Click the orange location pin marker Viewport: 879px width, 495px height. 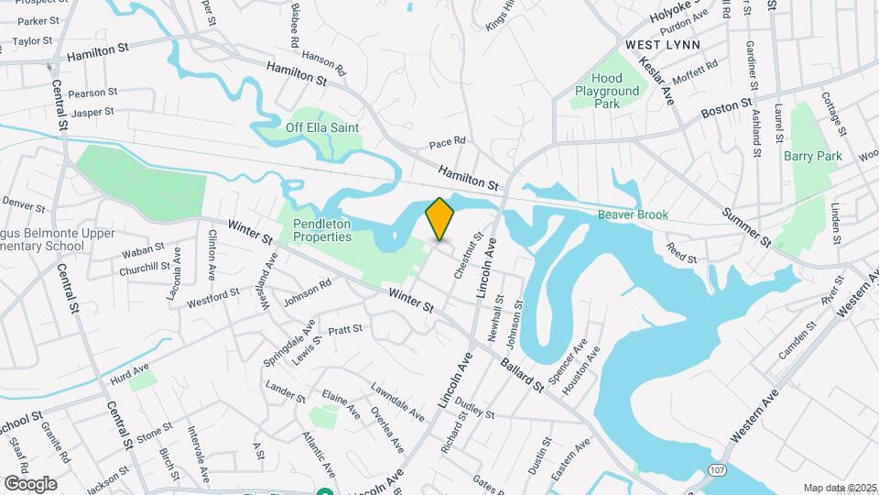(439, 219)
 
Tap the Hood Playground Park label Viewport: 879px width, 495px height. (607, 92)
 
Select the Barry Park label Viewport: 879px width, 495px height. (812, 156)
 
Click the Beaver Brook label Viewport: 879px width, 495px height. (633, 214)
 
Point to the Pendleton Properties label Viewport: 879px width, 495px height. (322, 230)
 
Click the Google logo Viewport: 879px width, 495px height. (30, 483)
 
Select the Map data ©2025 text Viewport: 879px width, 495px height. (838, 488)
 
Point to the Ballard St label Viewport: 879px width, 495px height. (522, 372)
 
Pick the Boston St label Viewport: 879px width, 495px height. (726, 109)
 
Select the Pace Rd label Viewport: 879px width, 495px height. (448, 142)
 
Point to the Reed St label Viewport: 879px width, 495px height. (681, 253)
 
